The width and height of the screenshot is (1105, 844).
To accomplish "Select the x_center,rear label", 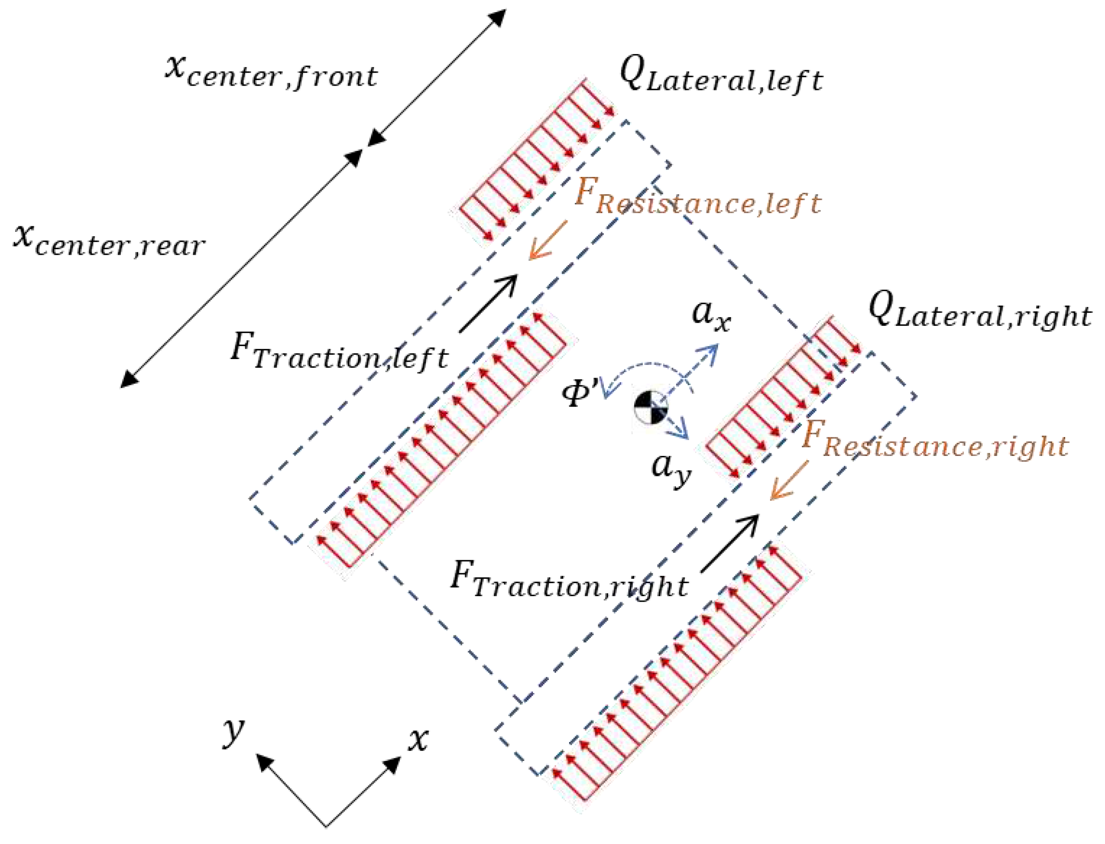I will [x=110, y=241].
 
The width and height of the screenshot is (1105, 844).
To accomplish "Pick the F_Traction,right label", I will [x=568, y=581].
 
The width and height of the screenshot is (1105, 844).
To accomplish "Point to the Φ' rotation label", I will [x=579, y=393].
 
